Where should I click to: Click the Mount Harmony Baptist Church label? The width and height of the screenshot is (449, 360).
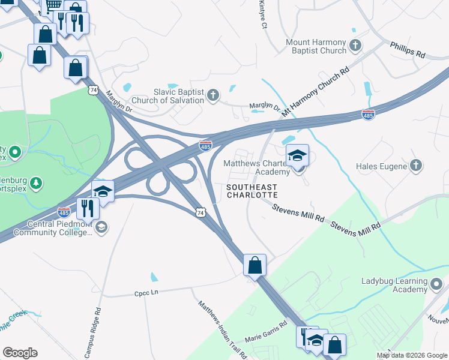316,46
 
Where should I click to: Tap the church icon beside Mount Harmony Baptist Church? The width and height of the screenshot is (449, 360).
355,45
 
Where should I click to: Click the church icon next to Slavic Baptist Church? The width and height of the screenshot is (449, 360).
213,95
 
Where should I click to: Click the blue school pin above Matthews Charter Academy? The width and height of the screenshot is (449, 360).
297,156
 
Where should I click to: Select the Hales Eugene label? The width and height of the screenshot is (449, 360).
382,166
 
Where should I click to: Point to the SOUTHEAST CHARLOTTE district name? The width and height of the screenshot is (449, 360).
252,191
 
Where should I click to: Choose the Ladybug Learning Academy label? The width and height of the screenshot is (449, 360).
393,285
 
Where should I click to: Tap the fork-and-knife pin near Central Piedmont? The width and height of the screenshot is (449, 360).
88,208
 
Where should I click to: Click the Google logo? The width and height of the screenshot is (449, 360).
20,353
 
